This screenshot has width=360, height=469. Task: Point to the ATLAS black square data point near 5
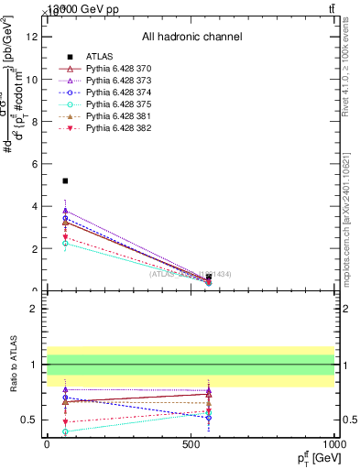(x=65, y=180)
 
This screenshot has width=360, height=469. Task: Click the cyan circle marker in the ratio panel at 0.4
(x=65, y=431)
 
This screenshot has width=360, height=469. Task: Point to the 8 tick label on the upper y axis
(x=34, y=122)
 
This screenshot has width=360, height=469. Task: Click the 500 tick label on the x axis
(x=191, y=442)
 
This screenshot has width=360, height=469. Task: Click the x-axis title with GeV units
(x=312, y=457)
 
